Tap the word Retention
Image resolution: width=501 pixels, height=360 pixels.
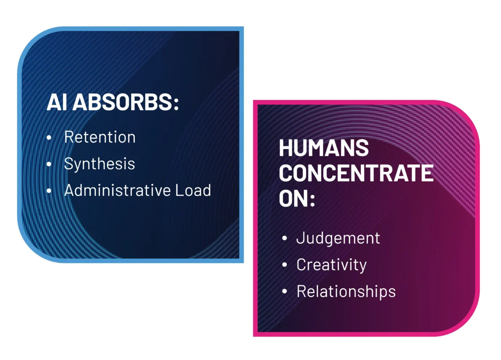click(x=100, y=137)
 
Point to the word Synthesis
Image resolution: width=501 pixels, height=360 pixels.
click(x=99, y=164)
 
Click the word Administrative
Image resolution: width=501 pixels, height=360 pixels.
click(x=117, y=190)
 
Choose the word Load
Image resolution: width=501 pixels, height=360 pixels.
click(x=193, y=190)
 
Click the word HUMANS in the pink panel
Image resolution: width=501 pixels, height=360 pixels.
click(x=324, y=148)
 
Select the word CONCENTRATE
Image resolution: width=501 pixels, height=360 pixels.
click(x=356, y=174)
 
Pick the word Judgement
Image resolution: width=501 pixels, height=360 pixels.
click(x=338, y=238)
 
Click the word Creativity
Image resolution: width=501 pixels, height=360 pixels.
click(x=331, y=265)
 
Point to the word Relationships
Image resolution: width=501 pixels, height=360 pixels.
click(x=346, y=291)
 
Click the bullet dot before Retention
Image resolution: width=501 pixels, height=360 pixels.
click(x=50, y=137)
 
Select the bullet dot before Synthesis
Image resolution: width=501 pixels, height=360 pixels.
click(x=50, y=164)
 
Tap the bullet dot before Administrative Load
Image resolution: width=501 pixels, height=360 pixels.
click(x=50, y=191)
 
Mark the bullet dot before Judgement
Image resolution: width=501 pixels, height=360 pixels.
click(x=285, y=239)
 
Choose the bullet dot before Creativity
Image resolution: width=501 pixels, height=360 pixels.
click(x=285, y=265)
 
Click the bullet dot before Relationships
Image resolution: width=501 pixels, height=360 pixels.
click(x=285, y=292)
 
